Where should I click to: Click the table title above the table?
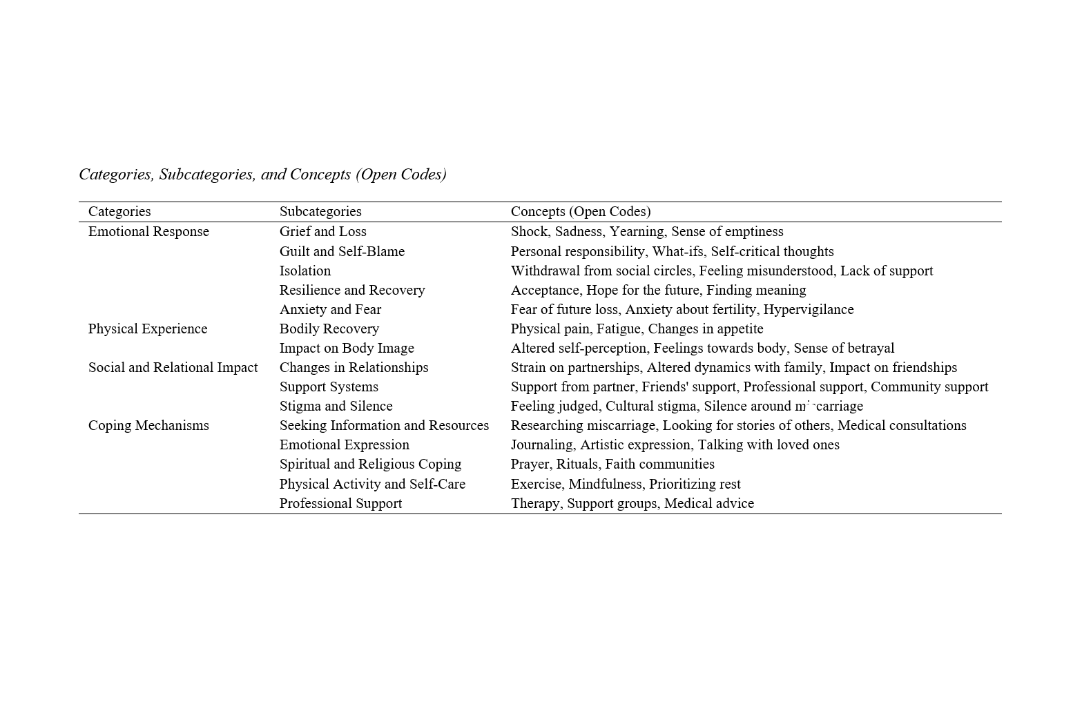tap(262, 174)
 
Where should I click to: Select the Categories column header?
tap(119, 211)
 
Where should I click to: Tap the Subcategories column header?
tap(320, 211)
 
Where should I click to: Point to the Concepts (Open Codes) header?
tap(581, 211)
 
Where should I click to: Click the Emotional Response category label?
tap(148, 231)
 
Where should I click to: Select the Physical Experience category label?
tap(148, 329)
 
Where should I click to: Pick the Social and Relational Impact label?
tap(173, 367)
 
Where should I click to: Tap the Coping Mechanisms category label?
tap(148, 425)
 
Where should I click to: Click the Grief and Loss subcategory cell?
tap(322, 231)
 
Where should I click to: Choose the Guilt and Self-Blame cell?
tap(342, 251)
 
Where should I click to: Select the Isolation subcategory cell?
tap(305, 271)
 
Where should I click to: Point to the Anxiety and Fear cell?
tap(330, 309)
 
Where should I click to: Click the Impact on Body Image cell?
tap(347, 348)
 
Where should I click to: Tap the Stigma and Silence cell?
tap(336, 406)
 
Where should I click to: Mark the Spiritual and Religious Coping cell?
tap(370, 464)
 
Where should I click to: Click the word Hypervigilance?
tap(809, 309)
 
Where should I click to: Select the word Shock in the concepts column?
tap(529, 231)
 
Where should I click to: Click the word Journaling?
tap(543, 444)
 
